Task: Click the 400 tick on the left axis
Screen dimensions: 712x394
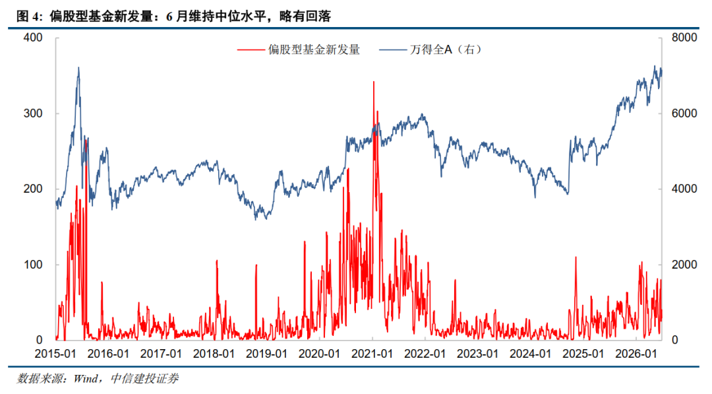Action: click(33, 38)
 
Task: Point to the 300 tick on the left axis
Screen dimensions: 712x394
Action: click(33, 113)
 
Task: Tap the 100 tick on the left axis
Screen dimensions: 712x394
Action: click(33, 265)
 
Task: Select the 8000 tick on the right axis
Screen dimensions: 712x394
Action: click(684, 38)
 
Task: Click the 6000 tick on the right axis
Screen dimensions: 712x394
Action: click(684, 113)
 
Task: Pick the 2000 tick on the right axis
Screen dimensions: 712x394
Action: click(684, 265)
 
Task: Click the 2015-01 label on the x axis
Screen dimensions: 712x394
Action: click(55, 354)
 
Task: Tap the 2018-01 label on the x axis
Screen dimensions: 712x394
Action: click(214, 354)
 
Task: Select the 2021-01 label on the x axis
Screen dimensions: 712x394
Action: click(372, 354)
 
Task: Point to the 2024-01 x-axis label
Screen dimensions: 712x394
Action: click(530, 354)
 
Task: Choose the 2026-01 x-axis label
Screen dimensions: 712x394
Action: click(636, 354)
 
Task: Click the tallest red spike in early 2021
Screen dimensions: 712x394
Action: click(374, 82)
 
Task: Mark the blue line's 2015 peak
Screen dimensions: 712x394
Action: click(78, 68)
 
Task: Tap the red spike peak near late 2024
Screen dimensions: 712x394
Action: click(576, 257)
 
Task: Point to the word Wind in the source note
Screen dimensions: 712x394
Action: click(85, 379)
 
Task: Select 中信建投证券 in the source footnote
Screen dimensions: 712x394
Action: click(144, 379)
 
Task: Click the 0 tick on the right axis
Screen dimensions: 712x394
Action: click(675, 340)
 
